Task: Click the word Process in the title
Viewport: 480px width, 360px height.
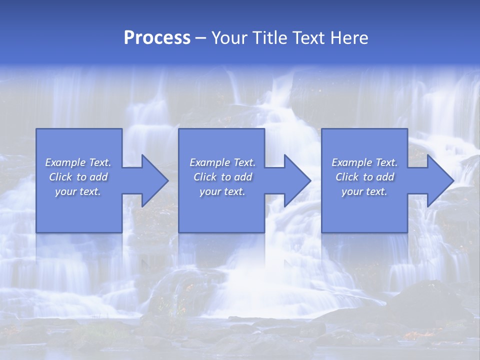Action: coord(157,38)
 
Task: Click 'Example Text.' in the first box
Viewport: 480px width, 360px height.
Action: coord(78,162)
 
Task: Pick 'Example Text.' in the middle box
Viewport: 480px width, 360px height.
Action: coord(222,162)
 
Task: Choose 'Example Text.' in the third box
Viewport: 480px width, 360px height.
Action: coord(364,162)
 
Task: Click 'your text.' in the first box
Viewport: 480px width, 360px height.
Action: coord(78,191)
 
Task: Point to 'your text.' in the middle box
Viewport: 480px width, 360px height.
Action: coord(222,191)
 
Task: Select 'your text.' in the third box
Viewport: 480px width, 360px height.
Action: coord(364,191)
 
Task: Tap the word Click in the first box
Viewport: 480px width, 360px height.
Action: coord(60,177)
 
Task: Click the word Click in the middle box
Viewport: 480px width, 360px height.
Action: coord(205,177)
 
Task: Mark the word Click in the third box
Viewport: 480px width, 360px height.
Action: coord(347,177)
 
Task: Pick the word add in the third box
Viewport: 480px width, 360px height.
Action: coord(385,177)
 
